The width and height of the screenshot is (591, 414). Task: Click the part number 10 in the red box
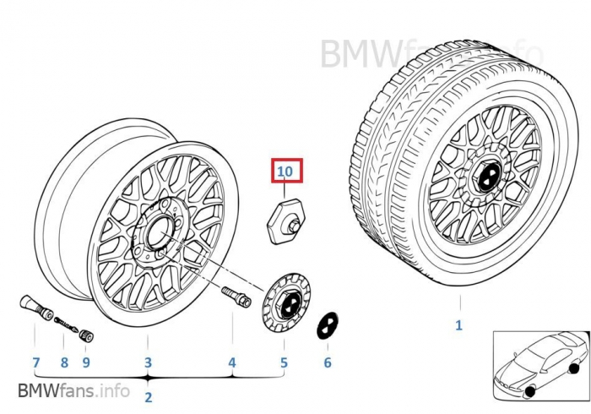click(285, 172)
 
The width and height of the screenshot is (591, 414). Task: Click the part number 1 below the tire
click(458, 324)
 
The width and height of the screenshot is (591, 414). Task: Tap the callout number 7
click(35, 363)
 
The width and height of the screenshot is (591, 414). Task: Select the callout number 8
click(63, 363)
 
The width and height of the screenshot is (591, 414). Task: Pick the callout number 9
click(85, 363)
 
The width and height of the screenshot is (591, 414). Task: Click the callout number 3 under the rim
click(148, 363)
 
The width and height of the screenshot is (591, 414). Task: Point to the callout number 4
click(232, 363)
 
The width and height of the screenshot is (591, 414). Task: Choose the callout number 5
click(284, 363)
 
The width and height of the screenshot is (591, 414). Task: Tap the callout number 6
click(328, 363)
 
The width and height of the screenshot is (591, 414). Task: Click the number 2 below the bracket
click(148, 396)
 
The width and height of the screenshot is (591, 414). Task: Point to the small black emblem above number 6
click(327, 328)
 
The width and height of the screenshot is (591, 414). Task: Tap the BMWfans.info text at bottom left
click(73, 391)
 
